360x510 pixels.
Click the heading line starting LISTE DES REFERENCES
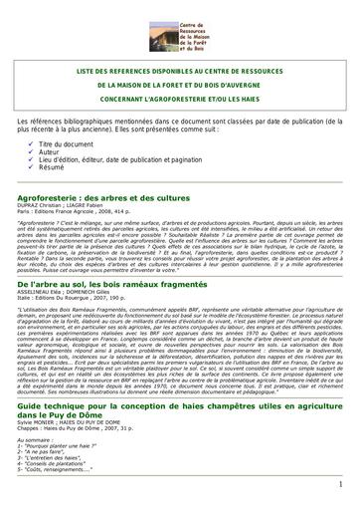[x=179, y=74]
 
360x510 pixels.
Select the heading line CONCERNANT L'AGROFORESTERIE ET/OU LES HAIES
[x=179, y=103]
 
